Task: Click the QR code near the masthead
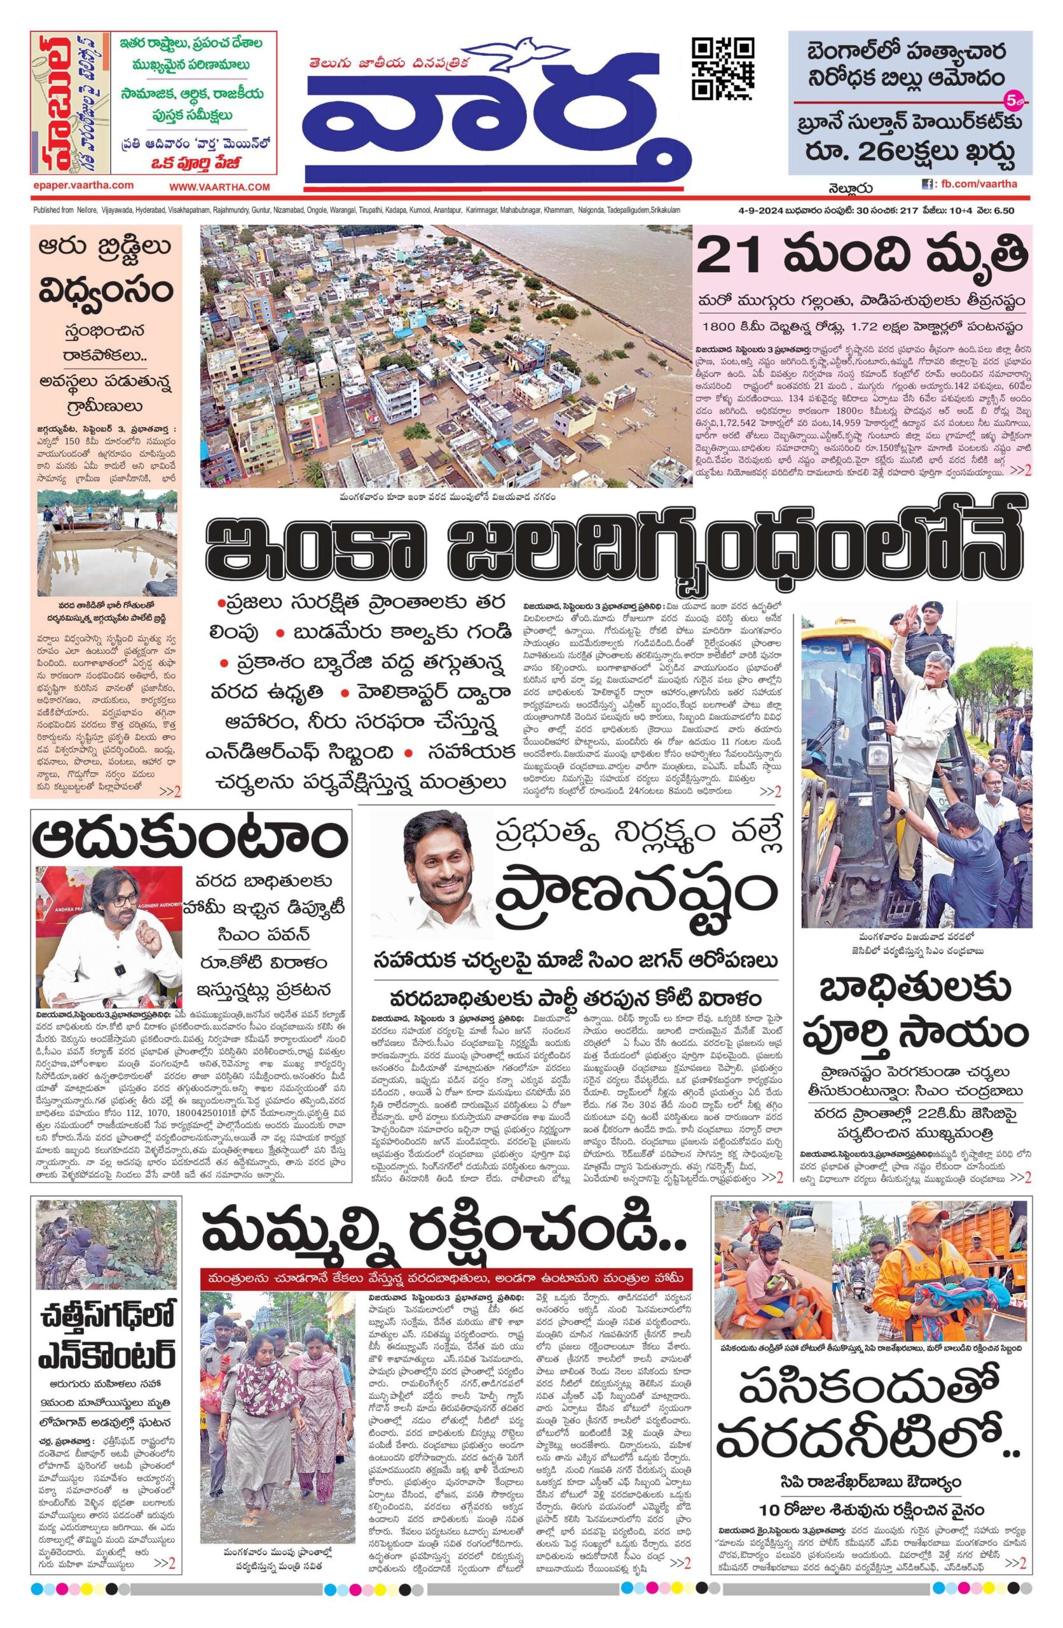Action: pyautogui.click(x=723, y=69)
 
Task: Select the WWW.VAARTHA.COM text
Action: pyautogui.click(x=219, y=187)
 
